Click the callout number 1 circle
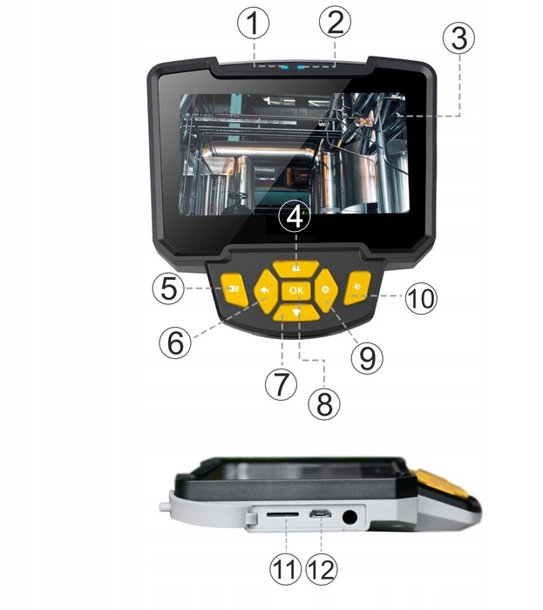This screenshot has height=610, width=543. click(x=254, y=24)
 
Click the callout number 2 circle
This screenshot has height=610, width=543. click(x=335, y=22)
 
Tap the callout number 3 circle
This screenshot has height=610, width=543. click(x=459, y=38)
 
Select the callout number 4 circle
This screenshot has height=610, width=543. click(x=295, y=217)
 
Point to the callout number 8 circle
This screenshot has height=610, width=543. click(x=324, y=403)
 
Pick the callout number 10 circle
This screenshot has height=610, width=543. click(x=421, y=298)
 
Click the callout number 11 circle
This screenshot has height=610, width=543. click(x=286, y=568)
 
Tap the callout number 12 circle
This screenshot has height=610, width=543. click(x=322, y=568)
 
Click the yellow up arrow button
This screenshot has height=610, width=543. click(x=295, y=268)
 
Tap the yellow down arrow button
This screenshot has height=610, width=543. click(x=296, y=313)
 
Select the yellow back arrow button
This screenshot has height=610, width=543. click(x=266, y=291)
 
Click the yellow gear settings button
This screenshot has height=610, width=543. click(x=325, y=291)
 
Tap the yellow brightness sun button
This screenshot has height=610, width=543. click(x=357, y=288)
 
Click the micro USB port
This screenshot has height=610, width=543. click(x=320, y=514)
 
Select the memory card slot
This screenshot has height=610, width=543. click(x=282, y=514)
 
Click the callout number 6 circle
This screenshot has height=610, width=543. click(x=175, y=342)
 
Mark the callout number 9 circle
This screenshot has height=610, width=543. click(x=367, y=358)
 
